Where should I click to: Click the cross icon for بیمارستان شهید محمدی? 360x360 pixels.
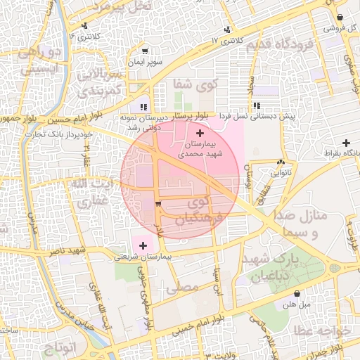point(200,133)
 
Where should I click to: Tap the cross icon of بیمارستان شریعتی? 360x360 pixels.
point(144,245)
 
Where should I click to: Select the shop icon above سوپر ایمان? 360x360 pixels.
point(145,51)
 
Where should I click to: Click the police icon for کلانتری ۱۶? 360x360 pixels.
point(84,26)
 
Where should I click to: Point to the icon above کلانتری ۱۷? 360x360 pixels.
point(227,30)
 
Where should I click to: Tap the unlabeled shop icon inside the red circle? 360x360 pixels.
point(157,204)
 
